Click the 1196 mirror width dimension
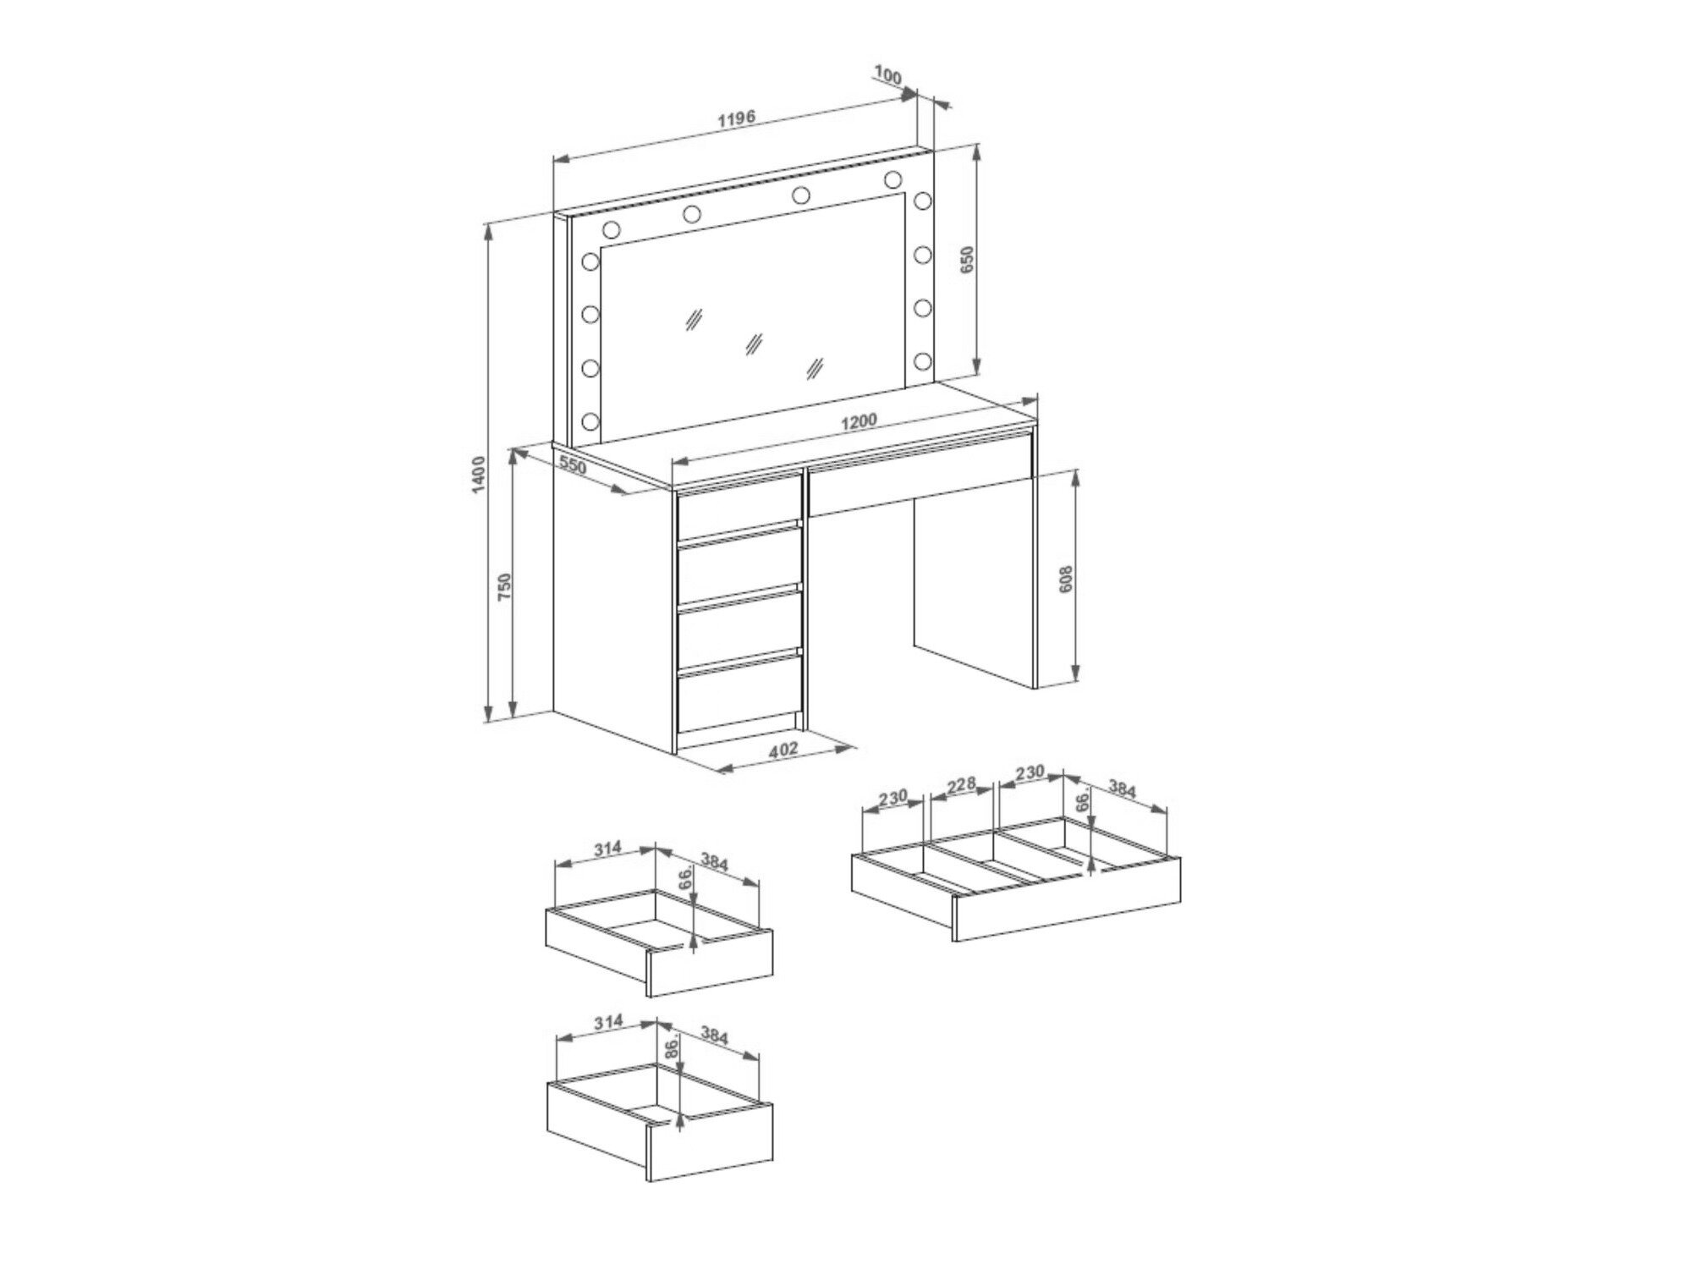pos(735,118)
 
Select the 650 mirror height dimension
pos(968,259)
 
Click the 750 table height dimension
pos(504,586)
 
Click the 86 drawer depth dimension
pos(671,1048)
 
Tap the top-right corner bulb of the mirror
pos(892,179)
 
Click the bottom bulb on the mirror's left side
pos(590,420)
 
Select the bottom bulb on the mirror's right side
pos(921,361)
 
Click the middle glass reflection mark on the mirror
pos(752,343)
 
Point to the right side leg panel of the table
pos(975,575)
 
